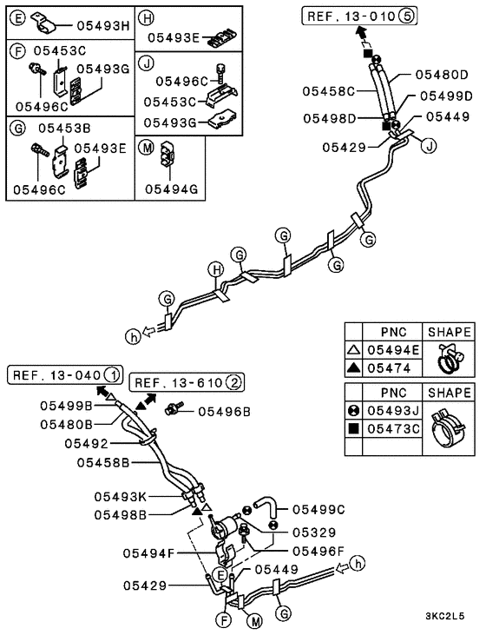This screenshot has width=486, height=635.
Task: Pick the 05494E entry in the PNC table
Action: tap(392, 350)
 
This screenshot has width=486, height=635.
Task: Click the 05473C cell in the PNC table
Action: tap(392, 428)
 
